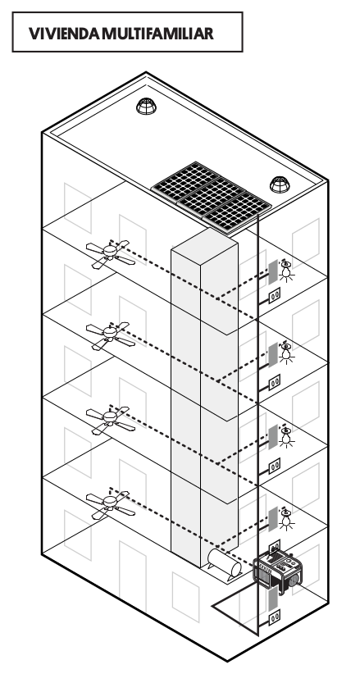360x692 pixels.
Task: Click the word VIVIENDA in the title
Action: click(64, 34)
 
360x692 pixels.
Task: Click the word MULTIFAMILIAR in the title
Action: click(157, 34)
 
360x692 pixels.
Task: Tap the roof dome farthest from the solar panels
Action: click(147, 107)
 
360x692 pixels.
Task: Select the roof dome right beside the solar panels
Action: click(280, 184)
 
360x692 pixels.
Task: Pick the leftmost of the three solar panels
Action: click(185, 180)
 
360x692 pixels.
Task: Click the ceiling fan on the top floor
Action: click(110, 253)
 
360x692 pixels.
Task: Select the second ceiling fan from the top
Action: click(110, 335)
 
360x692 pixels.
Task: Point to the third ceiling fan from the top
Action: click(110, 419)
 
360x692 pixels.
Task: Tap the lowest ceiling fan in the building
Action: click(110, 503)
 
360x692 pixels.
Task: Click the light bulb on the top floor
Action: click(286, 271)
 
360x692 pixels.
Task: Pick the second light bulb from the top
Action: click(286, 353)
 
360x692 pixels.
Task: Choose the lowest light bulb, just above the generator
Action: click(286, 518)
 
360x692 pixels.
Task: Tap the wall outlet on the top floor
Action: click(275, 295)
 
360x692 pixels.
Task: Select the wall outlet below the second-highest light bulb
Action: click(275, 382)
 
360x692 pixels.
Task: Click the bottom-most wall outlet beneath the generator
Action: click(275, 617)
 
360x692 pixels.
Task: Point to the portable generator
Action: click(277, 570)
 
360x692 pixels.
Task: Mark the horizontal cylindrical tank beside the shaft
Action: click(225, 562)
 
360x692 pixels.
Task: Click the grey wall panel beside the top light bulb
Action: click(273, 272)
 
